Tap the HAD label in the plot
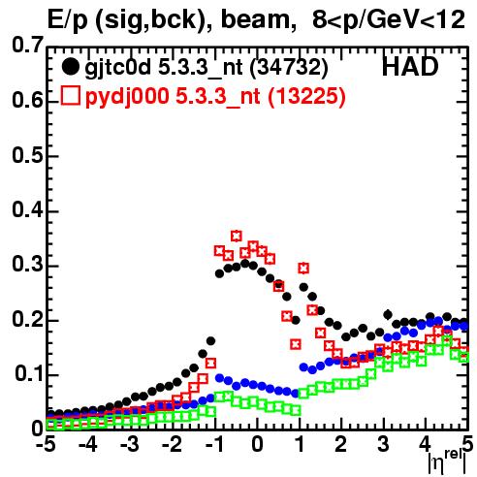coord(410,67)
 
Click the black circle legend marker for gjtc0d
coord(70,67)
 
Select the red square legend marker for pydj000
coord(70,95)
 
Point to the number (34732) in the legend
coord(289,68)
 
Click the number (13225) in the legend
coord(306,96)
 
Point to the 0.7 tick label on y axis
coord(28,46)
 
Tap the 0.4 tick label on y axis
coord(28,210)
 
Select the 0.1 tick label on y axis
coord(29,374)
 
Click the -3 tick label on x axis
coord(130,444)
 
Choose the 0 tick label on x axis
coord(257,444)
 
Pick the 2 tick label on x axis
coord(341,444)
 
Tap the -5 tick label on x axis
coord(46,444)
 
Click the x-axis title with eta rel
coord(447,462)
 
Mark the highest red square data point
coord(237,236)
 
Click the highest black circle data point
coord(244,264)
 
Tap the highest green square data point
coord(447,340)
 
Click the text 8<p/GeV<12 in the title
coord(389,20)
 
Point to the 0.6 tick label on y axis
coord(28,100)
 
